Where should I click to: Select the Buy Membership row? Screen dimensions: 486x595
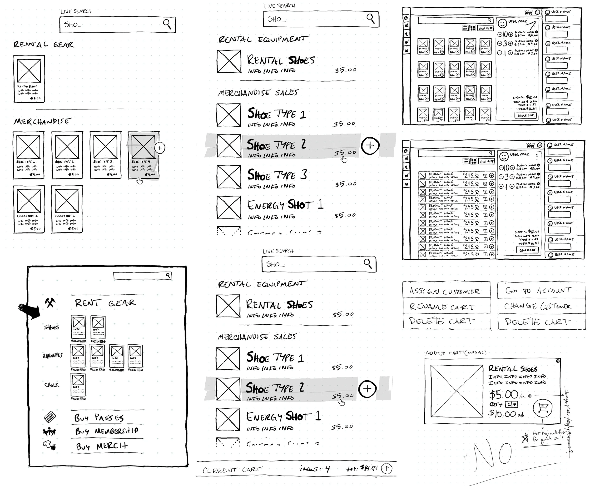106,431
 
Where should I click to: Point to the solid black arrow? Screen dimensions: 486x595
30,310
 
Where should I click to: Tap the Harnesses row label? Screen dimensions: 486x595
52,356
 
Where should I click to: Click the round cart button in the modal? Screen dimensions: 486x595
542,408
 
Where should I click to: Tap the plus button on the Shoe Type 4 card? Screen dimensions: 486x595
160,148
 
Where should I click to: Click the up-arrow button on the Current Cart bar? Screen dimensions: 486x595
387,468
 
